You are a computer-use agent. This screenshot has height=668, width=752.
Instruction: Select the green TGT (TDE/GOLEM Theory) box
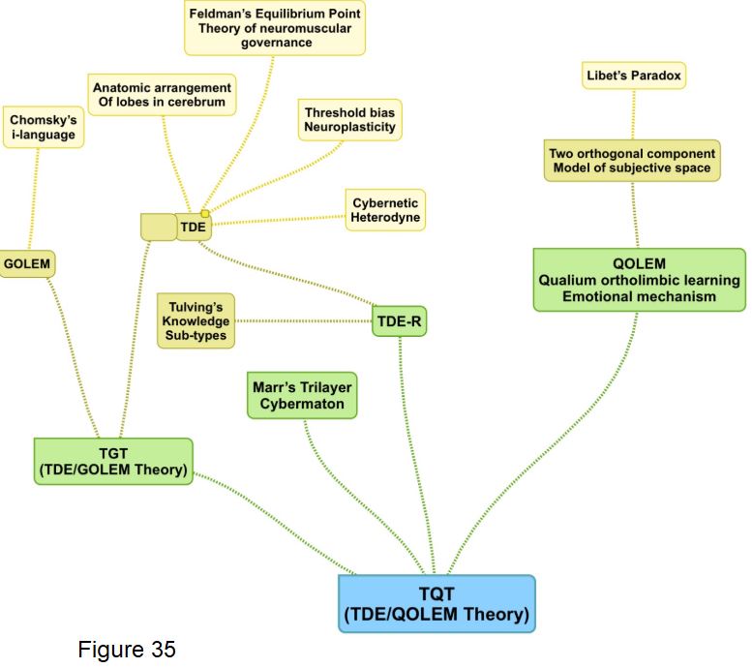[113, 461]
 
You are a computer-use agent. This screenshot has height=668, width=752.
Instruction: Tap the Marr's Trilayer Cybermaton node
[302, 395]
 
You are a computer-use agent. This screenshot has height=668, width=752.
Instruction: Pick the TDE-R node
[399, 321]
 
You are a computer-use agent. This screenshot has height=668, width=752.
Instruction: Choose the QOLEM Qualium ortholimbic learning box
[638, 279]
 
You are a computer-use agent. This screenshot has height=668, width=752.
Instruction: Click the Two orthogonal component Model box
[632, 161]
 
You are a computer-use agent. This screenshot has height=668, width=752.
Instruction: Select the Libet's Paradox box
[634, 75]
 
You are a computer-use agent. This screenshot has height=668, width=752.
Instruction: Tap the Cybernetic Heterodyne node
[385, 210]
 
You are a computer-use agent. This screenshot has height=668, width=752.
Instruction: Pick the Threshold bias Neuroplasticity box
[349, 120]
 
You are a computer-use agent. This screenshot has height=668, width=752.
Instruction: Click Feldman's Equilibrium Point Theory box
[275, 27]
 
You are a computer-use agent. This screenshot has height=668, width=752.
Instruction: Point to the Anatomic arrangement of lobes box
[162, 95]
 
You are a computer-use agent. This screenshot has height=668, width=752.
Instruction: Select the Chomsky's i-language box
[43, 127]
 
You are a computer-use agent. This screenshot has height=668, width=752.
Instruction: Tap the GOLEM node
[26, 263]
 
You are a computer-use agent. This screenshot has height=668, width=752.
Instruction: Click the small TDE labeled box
[194, 228]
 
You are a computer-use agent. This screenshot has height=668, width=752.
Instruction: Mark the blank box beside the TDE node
[158, 228]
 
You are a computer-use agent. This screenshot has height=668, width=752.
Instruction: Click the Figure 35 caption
[127, 649]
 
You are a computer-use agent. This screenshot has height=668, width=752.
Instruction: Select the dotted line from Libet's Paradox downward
[634, 113]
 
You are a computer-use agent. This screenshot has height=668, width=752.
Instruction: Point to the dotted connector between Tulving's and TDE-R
[304, 320]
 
